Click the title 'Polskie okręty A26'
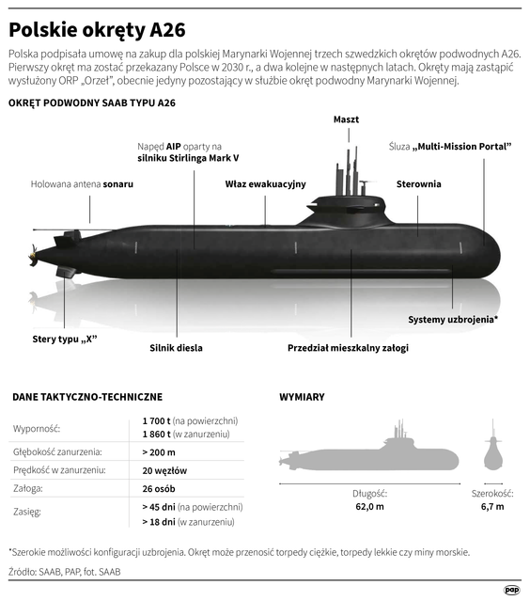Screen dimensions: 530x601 point(97,30)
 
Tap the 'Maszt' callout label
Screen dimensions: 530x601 point(346,119)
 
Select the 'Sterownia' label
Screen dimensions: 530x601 point(418,184)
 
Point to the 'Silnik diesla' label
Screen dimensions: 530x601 point(176,348)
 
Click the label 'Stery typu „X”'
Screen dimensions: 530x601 point(65,340)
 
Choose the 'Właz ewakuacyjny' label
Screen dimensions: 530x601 point(265,184)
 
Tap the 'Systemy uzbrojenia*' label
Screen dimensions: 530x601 point(453,320)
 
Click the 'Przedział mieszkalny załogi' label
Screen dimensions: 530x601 point(348,348)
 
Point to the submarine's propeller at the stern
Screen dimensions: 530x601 point(33,255)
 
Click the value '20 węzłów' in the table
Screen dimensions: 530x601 point(164,470)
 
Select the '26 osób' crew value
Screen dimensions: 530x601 point(159,489)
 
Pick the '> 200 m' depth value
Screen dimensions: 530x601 point(159,452)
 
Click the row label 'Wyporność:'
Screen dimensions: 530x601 point(37,429)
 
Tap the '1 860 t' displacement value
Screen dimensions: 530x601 point(156,435)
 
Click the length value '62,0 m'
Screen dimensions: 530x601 point(369,507)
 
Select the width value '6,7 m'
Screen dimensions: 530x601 point(492,507)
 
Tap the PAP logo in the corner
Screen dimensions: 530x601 point(511,591)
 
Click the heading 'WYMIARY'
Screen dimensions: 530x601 point(303,397)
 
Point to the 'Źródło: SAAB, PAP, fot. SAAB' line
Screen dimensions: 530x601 point(64,572)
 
